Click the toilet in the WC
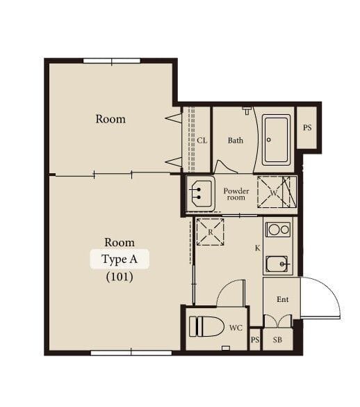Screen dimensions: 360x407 click(206, 326)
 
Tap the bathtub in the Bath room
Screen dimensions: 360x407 click(276, 140)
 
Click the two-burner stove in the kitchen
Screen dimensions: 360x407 click(278, 230)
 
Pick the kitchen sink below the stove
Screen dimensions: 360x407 click(277, 264)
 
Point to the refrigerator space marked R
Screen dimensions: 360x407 click(210, 232)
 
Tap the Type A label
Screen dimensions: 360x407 click(120, 259)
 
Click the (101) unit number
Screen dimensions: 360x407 click(120, 277)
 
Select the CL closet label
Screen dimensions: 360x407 click(202, 141)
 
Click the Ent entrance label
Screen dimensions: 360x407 click(282, 299)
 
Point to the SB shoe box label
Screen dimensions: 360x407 click(277, 340)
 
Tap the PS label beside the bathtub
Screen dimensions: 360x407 click(307, 127)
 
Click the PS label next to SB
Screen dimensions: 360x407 click(255, 340)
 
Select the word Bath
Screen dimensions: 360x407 click(236, 141)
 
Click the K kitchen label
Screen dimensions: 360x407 click(257, 248)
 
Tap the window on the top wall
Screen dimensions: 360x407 click(112, 61)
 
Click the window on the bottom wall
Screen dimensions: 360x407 click(131, 353)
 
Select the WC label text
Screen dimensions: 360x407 click(236, 328)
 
